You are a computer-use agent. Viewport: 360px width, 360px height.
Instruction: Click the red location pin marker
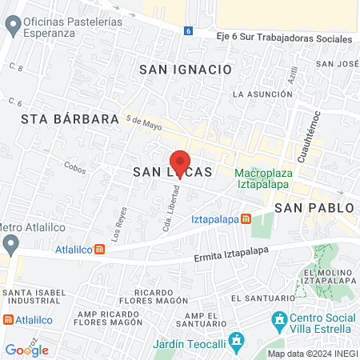180,163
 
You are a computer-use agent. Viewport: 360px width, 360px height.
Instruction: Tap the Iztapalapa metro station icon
246,218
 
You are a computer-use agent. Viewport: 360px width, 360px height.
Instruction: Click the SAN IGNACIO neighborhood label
190,70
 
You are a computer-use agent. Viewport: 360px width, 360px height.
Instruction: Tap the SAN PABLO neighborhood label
314,207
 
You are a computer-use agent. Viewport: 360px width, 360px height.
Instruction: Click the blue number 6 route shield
187,30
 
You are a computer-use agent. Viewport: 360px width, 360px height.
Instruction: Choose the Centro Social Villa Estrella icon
279,322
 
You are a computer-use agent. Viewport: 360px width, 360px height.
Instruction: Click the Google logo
26,350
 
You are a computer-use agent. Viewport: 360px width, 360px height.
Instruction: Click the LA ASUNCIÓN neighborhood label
260,94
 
